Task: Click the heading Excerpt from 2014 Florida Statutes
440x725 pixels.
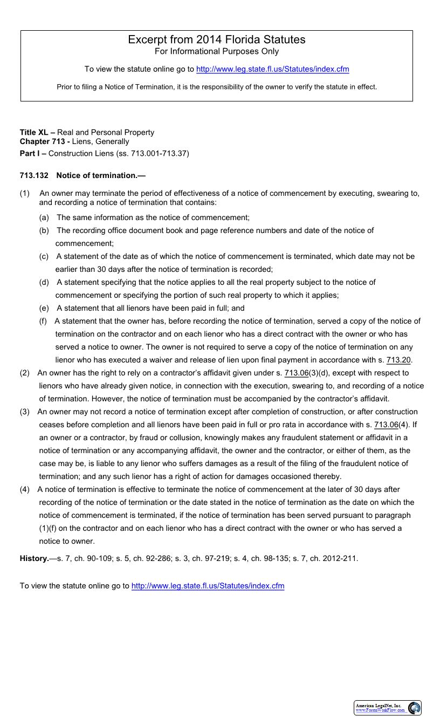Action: pyautogui.click(x=216, y=39)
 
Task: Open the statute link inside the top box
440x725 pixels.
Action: pyautogui.click(x=272, y=69)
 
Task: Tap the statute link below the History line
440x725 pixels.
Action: pyautogui.click(x=208, y=586)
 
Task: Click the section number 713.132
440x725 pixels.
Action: pyautogui.click(x=34, y=175)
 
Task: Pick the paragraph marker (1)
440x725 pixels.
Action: pyautogui.click(x=25, y=193)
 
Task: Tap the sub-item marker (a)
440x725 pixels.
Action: pyautogui.click(x=44, y=217)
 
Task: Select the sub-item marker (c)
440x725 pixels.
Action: pyautogui.click(x=44, y=256)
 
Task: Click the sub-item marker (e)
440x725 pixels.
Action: pyautogui.click(x=44, y=308)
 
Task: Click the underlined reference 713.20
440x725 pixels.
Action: pyautogui.click(x=398, y=360)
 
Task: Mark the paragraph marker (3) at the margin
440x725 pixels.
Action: pyautogui.click(x=25, y=412)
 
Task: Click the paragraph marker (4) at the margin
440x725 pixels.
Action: pyautogui.click(x=25, y=489)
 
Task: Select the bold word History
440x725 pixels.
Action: pyautogui.click(x=34, y=558)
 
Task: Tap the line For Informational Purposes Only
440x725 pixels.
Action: pyautogui.click(x=216, y=52)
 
